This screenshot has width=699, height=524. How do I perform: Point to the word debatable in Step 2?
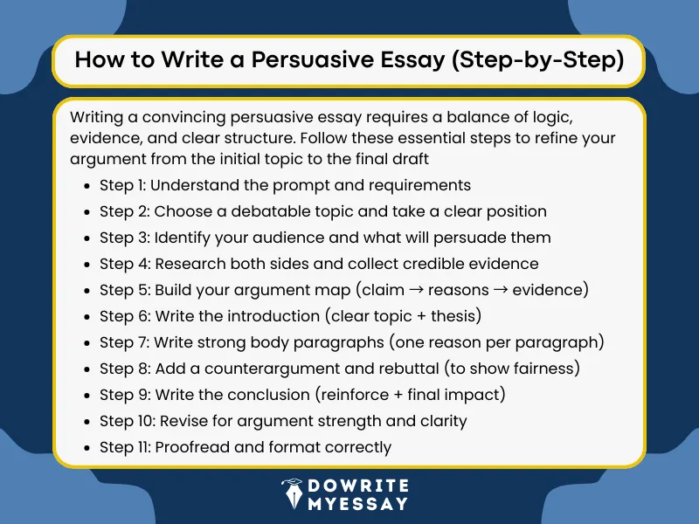tap(260, 211)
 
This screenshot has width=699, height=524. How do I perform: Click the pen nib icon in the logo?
tap(293, 494)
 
